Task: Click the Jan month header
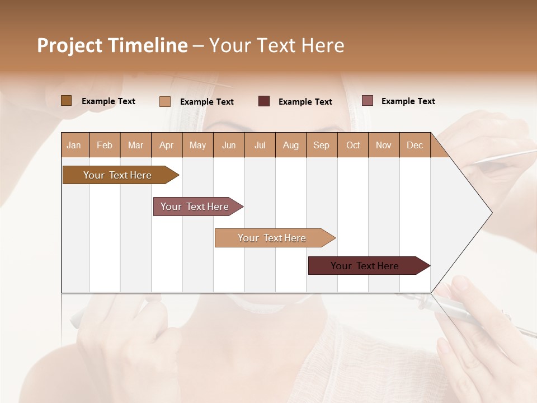[74, 145]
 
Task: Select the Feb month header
[105, 145]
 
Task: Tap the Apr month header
[167, 145]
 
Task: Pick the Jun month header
[229, 145]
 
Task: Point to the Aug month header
[291, 145]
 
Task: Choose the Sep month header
[322, 145]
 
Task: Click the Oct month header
[353, 145]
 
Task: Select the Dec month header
[415, 145]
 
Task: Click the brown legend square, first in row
[66, 101]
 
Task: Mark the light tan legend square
[164, 101]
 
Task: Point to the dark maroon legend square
[264, 101]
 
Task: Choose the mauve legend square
[367, 101]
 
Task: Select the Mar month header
[135, 145]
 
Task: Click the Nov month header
[384, 145]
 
